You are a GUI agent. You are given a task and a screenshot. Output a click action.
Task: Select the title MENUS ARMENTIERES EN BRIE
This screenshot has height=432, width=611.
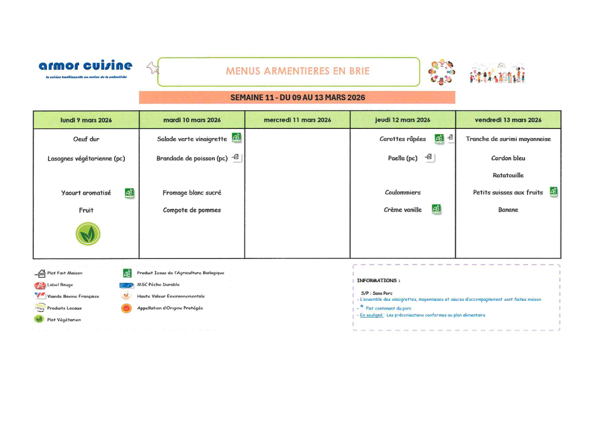point(289,71)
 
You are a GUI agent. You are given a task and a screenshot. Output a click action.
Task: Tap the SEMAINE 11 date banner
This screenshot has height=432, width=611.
point(297,97)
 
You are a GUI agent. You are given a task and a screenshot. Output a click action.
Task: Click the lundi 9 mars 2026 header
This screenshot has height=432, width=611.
point(86,120)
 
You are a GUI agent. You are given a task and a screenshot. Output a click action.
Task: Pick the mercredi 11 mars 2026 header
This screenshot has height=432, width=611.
point(297,120)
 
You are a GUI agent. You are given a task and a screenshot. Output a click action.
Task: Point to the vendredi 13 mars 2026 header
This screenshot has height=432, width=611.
point(508,120)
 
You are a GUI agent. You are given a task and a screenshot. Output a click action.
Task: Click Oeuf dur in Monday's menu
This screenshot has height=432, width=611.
point(86,139)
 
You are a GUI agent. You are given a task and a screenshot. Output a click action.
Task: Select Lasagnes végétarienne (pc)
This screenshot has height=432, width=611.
point(86,159)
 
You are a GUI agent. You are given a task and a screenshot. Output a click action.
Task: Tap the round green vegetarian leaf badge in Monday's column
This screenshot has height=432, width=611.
point(88,233)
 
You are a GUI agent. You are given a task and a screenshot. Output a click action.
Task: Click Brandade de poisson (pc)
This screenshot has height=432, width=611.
point(192,159)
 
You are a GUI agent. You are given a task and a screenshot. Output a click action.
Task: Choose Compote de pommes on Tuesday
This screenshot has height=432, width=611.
point(192,210)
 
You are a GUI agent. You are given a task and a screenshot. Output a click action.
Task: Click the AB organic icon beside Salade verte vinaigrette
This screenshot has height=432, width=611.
point(236,138)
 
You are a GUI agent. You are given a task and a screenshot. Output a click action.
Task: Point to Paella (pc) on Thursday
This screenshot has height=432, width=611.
point(402,158)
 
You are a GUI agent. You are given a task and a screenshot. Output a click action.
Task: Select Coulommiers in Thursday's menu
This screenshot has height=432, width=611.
point(402,193)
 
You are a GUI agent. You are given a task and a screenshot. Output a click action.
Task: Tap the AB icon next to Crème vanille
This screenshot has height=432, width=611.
point(436,209)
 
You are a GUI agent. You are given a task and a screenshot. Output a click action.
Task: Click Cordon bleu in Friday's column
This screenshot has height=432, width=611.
point(508,158)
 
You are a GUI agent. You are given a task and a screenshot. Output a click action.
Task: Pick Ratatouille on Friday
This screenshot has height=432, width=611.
point(508,175)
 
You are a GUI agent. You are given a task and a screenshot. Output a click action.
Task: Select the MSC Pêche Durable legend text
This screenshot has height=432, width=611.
point(158,285)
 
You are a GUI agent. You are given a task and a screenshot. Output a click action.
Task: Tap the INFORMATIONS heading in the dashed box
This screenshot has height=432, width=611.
point(378,280)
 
